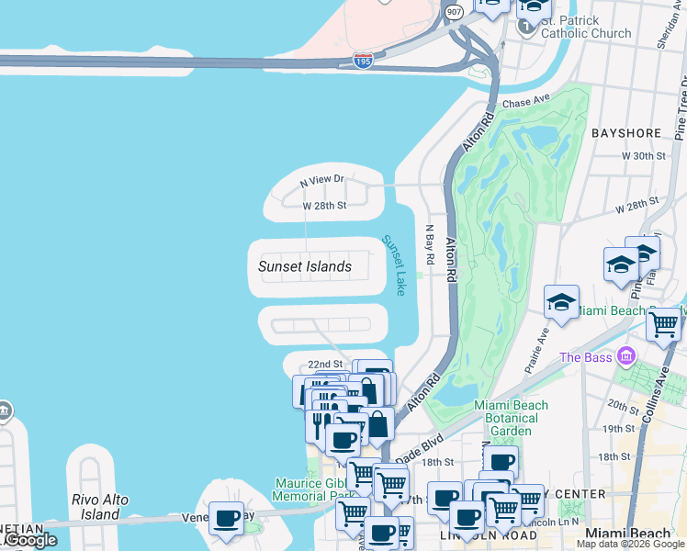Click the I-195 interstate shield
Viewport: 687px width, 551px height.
(363, 61)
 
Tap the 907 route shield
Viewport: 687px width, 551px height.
(454, 11)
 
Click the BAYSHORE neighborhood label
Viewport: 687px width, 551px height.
(626, 133)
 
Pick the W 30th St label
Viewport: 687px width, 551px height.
(643, 156)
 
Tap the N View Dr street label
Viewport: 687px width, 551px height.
(321, 180)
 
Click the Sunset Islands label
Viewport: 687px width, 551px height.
(305, 266)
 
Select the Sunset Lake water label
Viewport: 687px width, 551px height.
(394, 264)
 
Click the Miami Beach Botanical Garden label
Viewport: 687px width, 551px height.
(511, 418)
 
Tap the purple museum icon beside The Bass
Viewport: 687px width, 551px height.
(626, 355)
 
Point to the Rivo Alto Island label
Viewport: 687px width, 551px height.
(100, 507)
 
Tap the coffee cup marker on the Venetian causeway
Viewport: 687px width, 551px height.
(226, 519)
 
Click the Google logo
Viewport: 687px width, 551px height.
(30, 541)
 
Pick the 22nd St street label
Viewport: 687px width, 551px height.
(325, 365)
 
